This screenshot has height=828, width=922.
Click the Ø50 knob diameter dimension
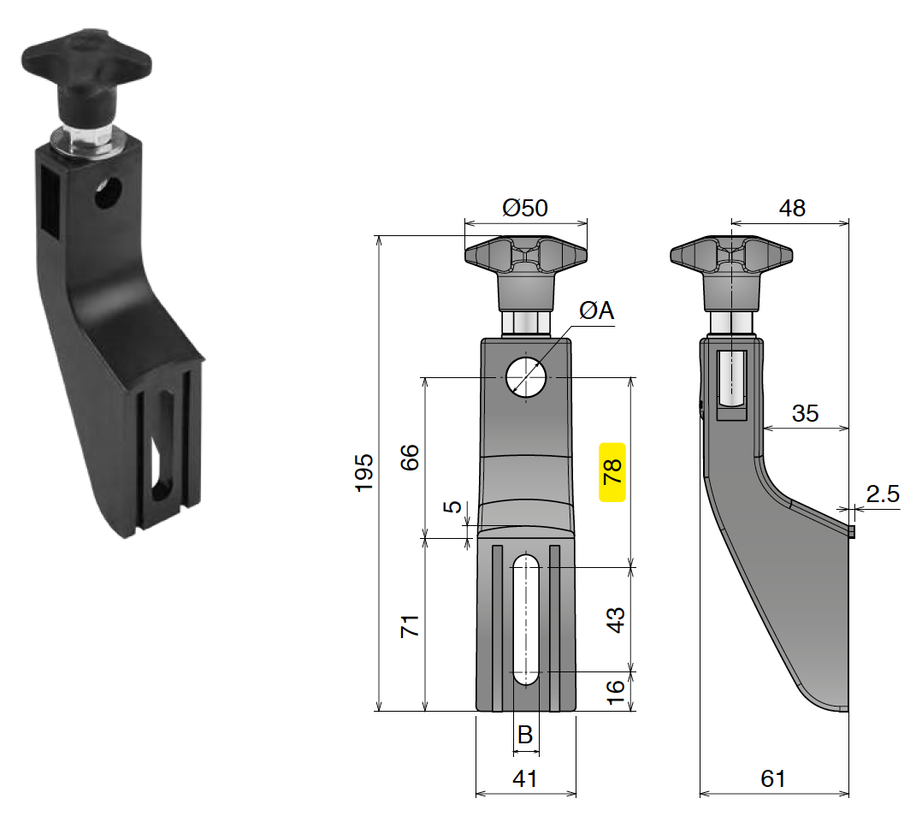pos(525,208)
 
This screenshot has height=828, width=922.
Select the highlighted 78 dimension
pos(613,471)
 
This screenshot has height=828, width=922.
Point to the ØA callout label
pos(596,311)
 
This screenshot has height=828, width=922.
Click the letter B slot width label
pos(525,734)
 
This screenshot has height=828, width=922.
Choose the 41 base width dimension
pos(525,778)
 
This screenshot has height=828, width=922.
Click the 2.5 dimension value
pos(882,494)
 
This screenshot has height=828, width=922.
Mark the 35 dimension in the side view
pos(805,413)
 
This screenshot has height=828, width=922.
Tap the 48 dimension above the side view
pos(792,208)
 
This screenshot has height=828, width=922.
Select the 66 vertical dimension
pos(410,458)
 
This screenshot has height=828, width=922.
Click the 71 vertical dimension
pos(410,625)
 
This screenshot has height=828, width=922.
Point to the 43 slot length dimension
pos(613,618)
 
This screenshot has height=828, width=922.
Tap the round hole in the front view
pos(526,377)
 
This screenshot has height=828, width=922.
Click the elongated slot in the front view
pos(525,619)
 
